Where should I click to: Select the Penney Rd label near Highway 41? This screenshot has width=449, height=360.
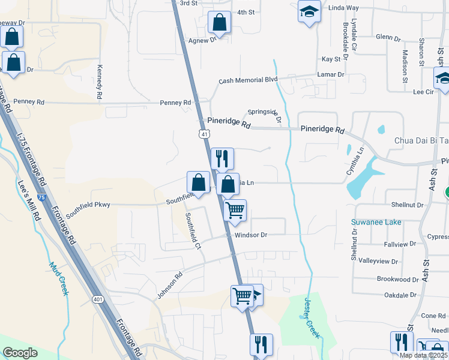coord(175,103)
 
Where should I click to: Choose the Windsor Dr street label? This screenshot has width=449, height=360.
coord(250,235)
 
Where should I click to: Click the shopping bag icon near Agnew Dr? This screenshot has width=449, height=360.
coord(220,23)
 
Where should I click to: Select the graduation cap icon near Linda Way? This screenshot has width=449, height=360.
coord(309,12)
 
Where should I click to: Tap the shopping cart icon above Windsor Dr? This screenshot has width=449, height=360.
coord(235,210)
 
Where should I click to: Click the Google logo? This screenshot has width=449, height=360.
coord(20,353)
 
